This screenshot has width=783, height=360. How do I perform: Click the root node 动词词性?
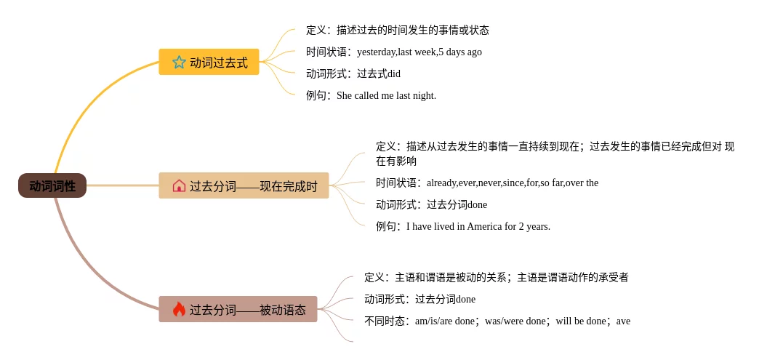coord(52,185)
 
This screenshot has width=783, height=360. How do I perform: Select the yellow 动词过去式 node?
coord(218,63)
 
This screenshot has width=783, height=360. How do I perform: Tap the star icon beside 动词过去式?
coord(179,63)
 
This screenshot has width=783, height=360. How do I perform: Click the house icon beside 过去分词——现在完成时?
coord(179,186)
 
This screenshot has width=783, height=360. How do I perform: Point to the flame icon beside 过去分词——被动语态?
coord(179,310)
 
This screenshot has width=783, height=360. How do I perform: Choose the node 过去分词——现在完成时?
coord(253,186)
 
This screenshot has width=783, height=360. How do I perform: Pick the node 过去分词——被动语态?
coord(247,310)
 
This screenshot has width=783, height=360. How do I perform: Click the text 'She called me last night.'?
coord(386,95)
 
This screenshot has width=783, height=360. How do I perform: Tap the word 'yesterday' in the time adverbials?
coord(376,52)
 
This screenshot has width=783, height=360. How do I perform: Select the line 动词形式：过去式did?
coord(353,73)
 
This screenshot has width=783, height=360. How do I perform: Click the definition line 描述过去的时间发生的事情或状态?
coord(412,30)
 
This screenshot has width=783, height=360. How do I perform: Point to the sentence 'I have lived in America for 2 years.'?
coord(478,226)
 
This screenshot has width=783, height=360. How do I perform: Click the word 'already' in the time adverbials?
coord(441,183)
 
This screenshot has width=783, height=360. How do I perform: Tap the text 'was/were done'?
coord(515,321)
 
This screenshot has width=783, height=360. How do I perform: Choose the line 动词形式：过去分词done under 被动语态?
coord(420,299)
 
